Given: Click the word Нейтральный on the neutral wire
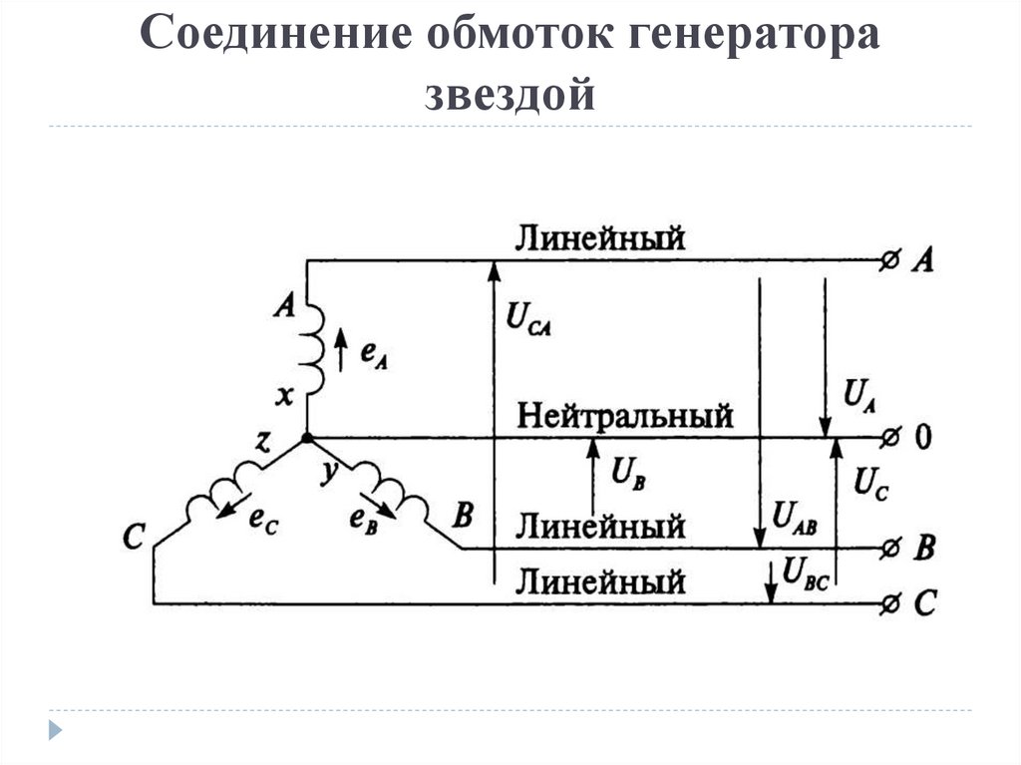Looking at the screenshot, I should pos(626,415).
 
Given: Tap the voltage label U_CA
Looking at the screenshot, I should pos(529,319).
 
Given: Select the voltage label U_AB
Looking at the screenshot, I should pos(795,521).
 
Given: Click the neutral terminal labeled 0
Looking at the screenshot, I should pos(922,438).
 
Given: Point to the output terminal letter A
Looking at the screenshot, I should pos(923,260).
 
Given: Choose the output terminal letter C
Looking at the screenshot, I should pos(924,603).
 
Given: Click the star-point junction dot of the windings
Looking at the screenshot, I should pos(306,438).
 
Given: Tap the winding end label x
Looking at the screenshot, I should pos(285,397).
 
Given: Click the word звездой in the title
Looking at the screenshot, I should pos(510,95).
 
